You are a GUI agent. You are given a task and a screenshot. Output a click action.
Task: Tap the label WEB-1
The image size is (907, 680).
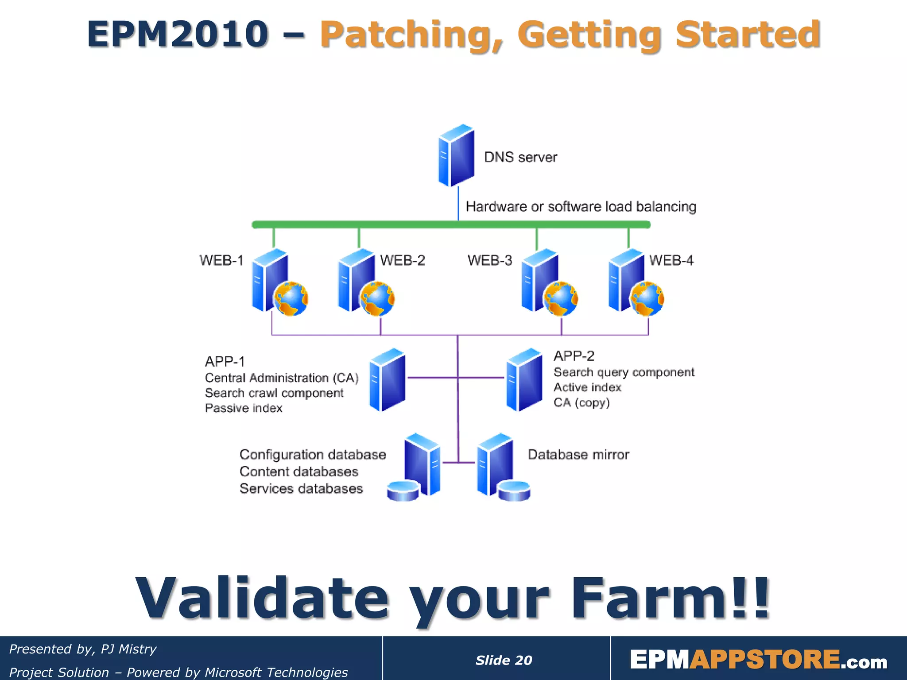tap(221, 260)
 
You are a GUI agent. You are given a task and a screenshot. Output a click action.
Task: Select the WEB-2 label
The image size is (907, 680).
tap(402, 260)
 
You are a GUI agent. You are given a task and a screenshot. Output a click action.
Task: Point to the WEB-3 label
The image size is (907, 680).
tap(489, 260)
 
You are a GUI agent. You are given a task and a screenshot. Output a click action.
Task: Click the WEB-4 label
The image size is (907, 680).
tap(671, 260)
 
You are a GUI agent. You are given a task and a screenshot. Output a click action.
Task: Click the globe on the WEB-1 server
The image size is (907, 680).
tap(291, 299)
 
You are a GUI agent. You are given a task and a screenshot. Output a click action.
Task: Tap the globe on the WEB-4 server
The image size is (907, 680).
tap(647, 299)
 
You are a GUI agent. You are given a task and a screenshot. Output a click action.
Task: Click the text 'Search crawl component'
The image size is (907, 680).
tap(274, 393)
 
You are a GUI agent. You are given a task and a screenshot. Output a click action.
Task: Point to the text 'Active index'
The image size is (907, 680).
tap(587, 387)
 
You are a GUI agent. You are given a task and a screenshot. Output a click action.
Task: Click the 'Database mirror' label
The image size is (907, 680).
tap(578, 455)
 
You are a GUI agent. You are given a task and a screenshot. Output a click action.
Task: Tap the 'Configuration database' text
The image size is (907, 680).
tap(313, 455)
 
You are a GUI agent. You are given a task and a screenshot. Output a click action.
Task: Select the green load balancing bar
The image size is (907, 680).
tap(451, 224)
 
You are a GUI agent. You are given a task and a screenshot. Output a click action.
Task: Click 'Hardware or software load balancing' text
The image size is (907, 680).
tap(581, 207)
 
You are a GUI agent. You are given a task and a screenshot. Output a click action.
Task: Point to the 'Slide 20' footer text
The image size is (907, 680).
tap(504, 660)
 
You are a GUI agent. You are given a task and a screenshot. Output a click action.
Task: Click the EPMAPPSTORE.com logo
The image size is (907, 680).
tap(758, 660)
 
